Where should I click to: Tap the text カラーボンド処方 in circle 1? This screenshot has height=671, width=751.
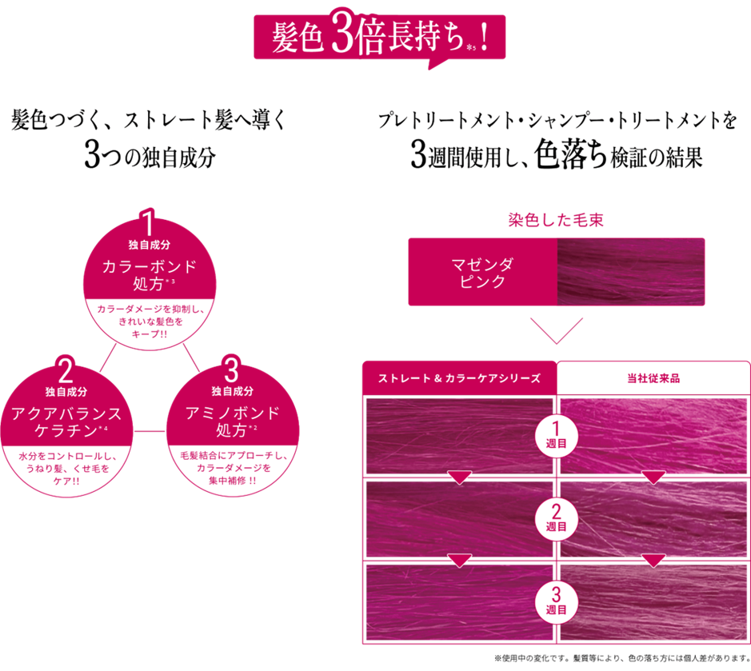click(150, 274)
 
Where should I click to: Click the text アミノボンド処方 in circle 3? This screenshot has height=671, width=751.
click(233, 421)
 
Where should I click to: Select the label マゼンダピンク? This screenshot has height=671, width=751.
click(481, 272)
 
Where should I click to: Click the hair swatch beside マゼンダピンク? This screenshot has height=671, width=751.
click(630, 272)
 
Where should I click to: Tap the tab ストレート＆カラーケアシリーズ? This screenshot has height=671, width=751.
click(459, 378)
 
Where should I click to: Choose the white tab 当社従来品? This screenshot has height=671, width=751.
click(653, 378)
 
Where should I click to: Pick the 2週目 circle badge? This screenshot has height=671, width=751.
click(556, 519)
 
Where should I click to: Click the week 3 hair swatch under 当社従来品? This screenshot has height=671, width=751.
click(653, 601)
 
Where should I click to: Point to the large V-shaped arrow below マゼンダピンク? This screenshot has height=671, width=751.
click(557, 329)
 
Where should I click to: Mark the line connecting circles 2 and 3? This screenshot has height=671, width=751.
click(149, 433)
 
